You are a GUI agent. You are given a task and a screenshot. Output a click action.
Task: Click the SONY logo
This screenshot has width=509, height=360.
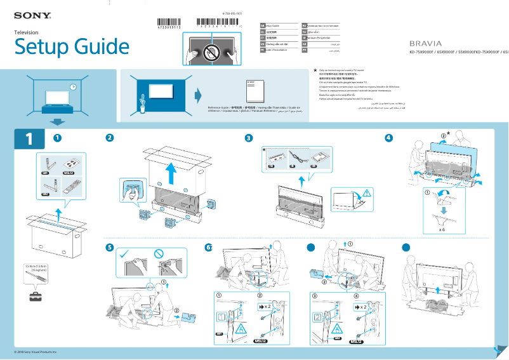coord(32,14)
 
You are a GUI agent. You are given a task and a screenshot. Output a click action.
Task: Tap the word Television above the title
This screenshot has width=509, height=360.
coord(26,32)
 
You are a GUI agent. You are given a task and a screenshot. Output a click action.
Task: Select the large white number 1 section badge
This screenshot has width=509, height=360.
coord(29,139)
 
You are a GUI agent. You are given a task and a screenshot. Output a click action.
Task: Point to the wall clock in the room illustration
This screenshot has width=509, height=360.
coord(73,86)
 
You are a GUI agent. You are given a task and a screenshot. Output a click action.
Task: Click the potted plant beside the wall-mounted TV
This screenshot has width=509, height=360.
coord(143,102)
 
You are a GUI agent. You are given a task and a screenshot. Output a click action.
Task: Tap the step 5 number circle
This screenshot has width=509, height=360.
coord(110,247)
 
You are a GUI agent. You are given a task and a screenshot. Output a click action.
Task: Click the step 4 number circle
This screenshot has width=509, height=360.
coord(388,138)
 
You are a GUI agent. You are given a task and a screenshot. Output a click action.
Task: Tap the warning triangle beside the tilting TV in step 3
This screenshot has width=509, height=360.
coord(367,192)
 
